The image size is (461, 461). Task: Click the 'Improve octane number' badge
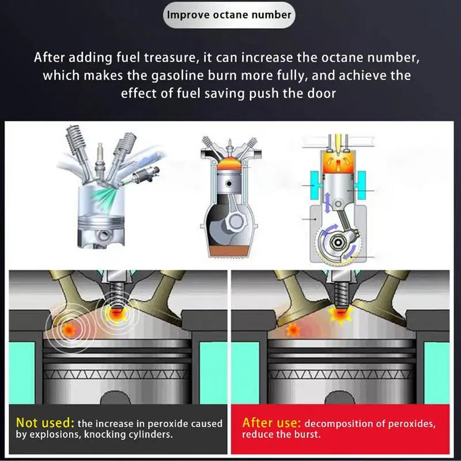[x=229, y=14]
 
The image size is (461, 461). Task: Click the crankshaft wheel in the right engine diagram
[x=334, y=243]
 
